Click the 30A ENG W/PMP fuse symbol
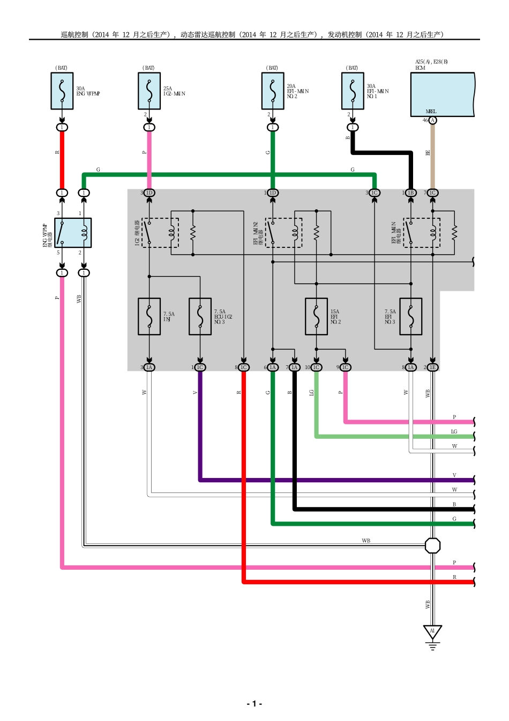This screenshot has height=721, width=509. click(62, 91)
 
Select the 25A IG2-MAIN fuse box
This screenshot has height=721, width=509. click(149, 91)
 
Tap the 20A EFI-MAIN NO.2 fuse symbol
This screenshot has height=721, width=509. click(273, 91)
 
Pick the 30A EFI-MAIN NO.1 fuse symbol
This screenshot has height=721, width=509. click(353, 91)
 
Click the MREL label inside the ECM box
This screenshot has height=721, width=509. click(431, 112)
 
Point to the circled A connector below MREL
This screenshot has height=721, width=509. click(432, 120)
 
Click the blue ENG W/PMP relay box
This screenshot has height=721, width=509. click(73, 233)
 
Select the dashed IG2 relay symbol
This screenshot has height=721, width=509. click(160, 233)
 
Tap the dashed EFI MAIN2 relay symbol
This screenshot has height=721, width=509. click(283, 233)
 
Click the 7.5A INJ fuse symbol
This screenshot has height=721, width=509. click(149, 317)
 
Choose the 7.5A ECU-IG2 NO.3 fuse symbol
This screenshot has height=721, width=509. click(200, 317)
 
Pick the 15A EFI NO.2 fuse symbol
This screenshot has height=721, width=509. click(316, 317)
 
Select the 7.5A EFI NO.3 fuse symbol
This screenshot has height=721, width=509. click(411, 317)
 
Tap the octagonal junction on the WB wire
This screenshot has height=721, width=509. click(432, 546)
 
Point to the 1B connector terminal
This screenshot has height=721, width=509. click(411, 193)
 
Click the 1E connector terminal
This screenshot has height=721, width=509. click(432, 367)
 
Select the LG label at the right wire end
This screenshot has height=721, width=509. click(454, 431)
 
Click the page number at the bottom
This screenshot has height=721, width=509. click(254, 703)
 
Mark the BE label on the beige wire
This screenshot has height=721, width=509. click(428, 152)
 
